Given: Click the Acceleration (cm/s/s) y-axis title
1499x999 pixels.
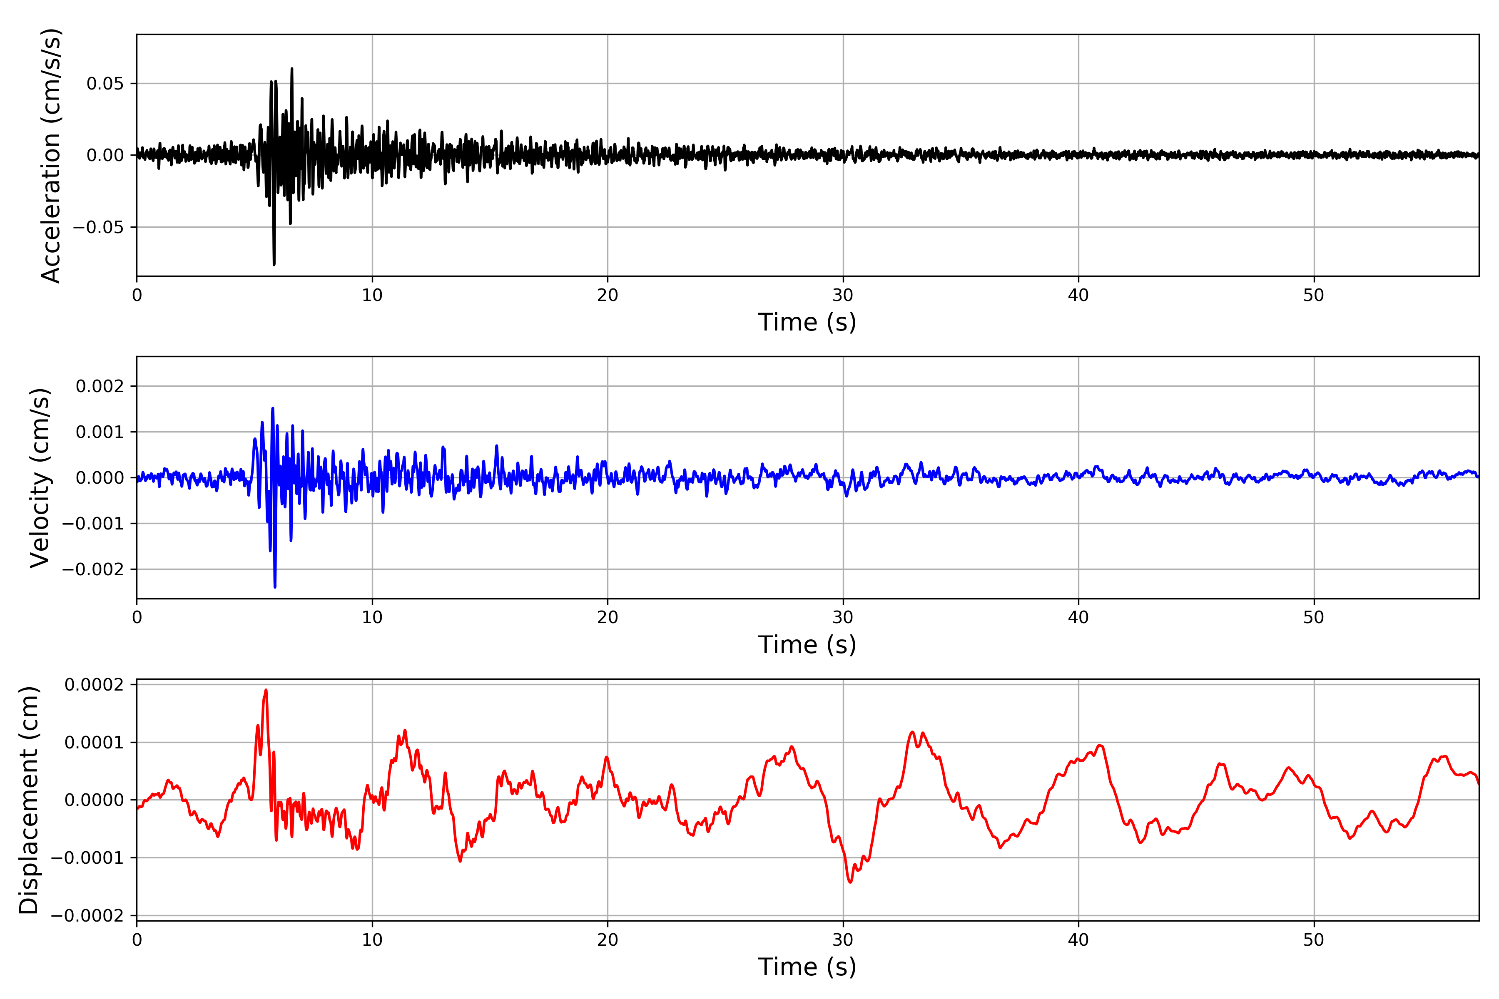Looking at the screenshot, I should (51, 155).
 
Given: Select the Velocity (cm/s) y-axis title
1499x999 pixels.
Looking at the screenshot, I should (40, 478).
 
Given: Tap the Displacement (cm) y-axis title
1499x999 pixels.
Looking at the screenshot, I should (29, 800).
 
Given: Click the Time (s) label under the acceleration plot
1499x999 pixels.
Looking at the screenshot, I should (807, 322).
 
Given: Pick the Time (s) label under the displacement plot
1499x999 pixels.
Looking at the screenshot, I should (807, 967).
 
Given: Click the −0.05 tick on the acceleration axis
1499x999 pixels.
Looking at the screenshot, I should (98, 227).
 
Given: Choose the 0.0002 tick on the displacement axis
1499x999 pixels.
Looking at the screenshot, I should (94, 685).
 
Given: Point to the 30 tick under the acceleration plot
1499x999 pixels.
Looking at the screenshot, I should (842, 296).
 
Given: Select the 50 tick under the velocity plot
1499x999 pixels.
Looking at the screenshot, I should (1314, 617).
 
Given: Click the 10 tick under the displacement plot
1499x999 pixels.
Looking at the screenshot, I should (372, 940).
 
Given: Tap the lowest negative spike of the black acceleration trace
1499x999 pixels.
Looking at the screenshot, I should (274, 264).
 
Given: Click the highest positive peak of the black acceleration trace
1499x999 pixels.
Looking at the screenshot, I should (292, 69).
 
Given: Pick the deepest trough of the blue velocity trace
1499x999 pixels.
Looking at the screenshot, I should (275, 587).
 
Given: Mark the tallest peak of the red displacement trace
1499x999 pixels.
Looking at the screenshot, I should (266, 690).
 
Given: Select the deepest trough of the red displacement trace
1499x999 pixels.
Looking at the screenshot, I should (850, 882).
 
